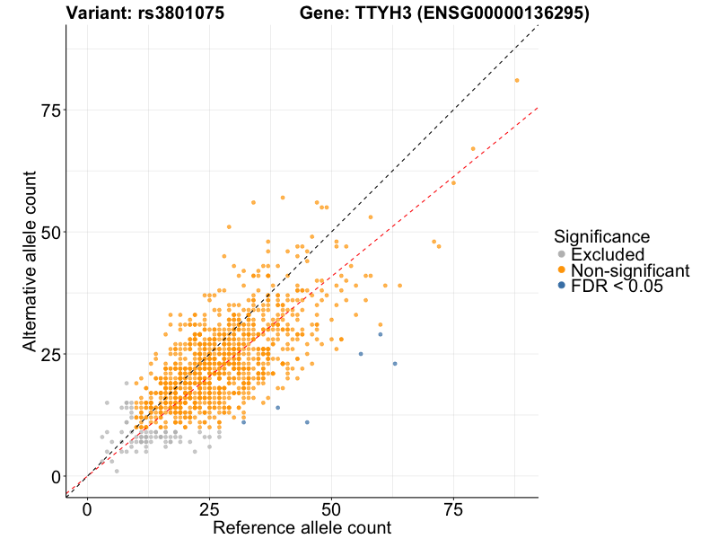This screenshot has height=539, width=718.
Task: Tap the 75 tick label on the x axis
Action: tap(454, 508)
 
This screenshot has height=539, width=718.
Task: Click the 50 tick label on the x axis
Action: tap(332, 508)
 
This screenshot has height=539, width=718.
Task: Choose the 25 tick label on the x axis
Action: tap(209, 508)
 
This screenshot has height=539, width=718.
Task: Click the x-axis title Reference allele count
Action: tap(302, 527)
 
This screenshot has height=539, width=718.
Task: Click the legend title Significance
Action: tap(601, 236)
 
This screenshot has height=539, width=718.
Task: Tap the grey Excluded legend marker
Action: tap(562, 254)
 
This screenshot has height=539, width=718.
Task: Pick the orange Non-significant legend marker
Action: tap(562, 270)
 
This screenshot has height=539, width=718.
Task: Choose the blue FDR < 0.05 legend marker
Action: tap(562, 286)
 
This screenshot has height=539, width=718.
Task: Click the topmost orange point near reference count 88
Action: tap(517, 80)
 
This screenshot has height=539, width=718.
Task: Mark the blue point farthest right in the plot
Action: tap(395, 364)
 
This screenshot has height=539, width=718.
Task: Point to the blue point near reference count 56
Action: tap(361, 354)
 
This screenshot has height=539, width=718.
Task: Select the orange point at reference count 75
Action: tap(453, 182)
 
